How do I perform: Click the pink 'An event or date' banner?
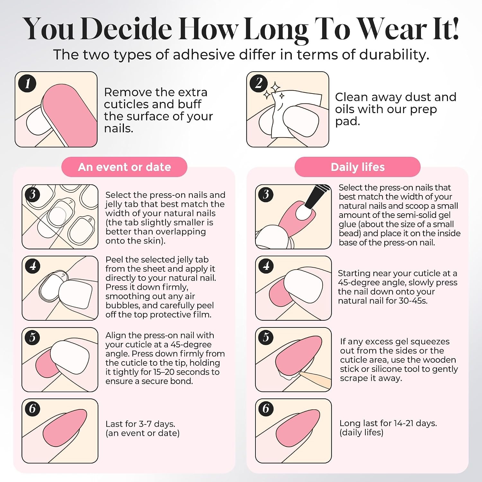coord(124,167)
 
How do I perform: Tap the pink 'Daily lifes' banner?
coord(357,167)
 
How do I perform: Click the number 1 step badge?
coord(27,83)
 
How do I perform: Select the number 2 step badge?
coord(259,83)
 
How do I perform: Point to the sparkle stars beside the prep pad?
coord(274,91)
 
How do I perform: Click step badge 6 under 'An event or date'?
coord(32,408)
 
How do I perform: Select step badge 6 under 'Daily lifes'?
coord(266,408)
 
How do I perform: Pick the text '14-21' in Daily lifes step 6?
coord(404,423)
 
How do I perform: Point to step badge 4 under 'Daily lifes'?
coord(266,266)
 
